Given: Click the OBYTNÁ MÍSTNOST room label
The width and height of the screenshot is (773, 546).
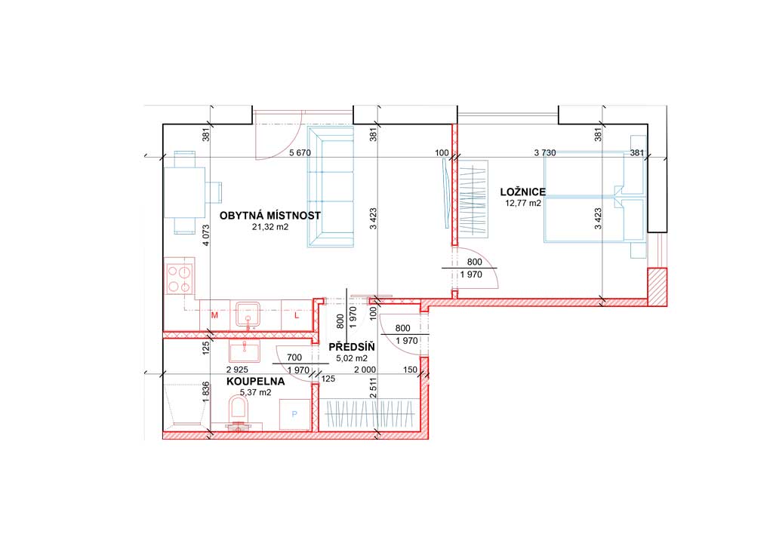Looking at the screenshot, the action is (269, 216).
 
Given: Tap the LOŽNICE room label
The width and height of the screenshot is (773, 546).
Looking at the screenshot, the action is (522, 192).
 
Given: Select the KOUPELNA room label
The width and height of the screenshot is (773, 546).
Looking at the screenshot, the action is (255, 382).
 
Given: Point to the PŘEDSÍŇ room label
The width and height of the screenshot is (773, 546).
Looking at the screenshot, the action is (352, 348).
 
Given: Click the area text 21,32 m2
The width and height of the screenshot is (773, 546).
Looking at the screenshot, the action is (269, 227).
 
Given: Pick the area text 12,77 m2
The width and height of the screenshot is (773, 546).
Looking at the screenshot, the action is (522, 203).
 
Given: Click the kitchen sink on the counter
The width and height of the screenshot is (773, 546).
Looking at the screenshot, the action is (251, 314).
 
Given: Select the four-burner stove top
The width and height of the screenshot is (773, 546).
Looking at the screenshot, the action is (180, 278).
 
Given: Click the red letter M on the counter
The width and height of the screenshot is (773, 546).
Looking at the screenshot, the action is (214, 315).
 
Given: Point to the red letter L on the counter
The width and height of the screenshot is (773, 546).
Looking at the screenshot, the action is (297, 315).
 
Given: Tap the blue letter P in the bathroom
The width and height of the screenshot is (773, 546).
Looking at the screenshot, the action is (294, 414).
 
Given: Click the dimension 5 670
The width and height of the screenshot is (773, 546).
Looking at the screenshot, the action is (300, 152).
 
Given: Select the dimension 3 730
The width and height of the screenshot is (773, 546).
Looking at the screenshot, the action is (545, 152).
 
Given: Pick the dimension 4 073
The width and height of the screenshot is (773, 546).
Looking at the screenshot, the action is (206, 235).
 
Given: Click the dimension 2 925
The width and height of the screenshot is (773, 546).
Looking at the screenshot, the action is (237, 370).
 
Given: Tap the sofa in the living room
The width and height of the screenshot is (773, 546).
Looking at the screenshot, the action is (331, 186).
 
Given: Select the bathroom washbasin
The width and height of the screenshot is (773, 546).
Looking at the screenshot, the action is (244, 352).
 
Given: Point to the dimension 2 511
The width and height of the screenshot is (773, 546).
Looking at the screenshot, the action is (373, 388).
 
